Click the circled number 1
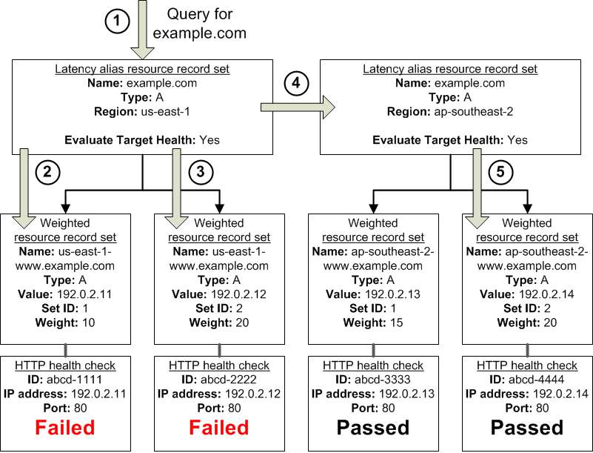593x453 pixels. [x=117, y=22]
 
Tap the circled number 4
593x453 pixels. [x=296, y=83]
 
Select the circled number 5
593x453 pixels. [x=500, y=172]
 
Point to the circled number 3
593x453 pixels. [x=201, y=172]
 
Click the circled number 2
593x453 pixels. [x=47, y=172]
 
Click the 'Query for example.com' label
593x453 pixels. [x=199, y=24]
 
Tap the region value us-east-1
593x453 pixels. [x=165, y=112]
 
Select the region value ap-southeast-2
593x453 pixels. [x=474, y=112]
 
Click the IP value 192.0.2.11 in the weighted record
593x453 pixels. [x=84, y=294]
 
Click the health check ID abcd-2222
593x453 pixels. [x=229, y=380]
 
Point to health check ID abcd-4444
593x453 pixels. [x=536, y=380]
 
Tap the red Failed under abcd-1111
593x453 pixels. [x=64, y=427]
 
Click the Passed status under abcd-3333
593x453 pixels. [x=373, y=427]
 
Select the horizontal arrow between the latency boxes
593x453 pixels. [x=298, y=108]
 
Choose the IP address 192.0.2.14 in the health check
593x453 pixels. [x=561, y=394]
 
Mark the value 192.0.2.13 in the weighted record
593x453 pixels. [x=392, y=294]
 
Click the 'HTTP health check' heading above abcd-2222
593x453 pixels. [x=219, y=366]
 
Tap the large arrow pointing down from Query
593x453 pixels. [x=142, y=30]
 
